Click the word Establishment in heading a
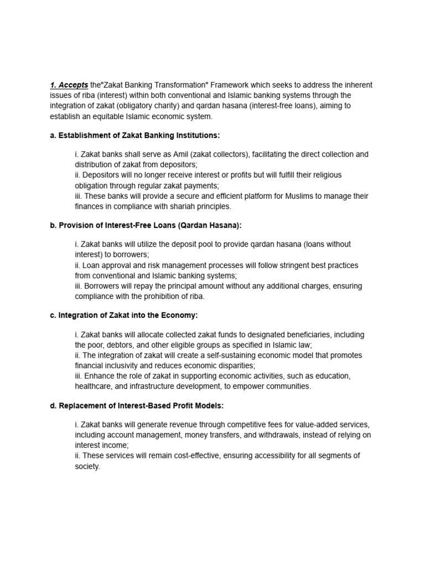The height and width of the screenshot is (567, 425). click(83, 135)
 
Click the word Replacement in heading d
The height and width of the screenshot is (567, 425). click(81, 405)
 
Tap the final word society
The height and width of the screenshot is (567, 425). click(87, 466)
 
